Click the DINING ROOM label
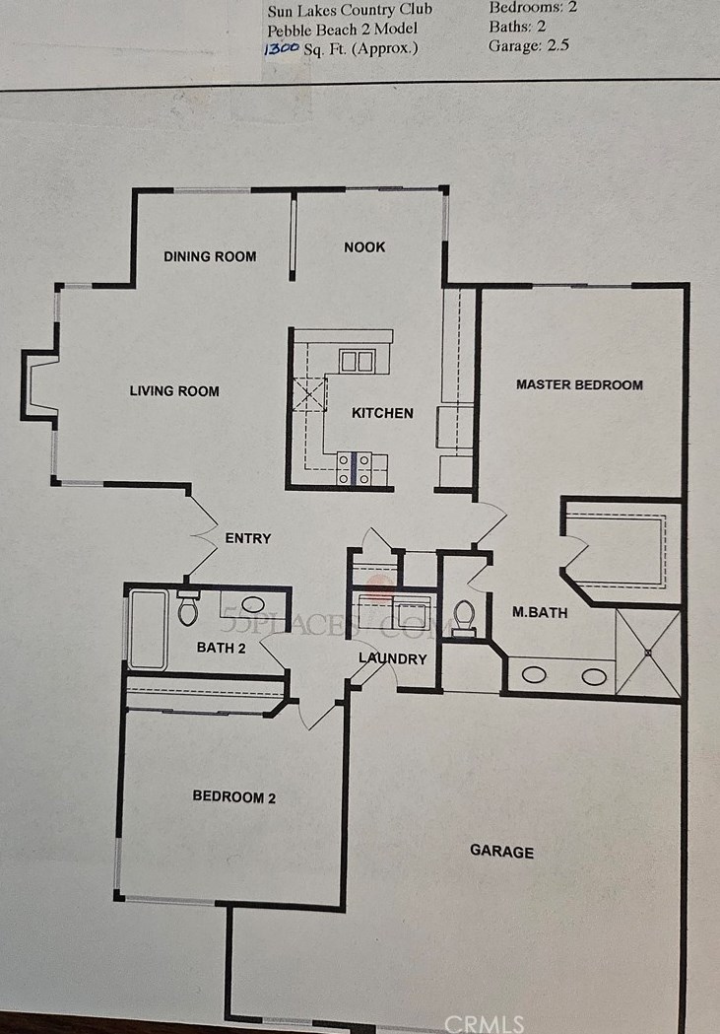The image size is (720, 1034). pos(210,256)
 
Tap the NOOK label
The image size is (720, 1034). pos(364,246)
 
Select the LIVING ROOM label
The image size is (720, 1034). pos(174,391)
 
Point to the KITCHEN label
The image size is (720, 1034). pos(382,413)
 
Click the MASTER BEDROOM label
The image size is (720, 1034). pos(579,384)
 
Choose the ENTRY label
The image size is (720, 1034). pos(247,538)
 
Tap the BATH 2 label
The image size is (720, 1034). pos(221,648)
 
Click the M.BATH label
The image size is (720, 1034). pos(540,612)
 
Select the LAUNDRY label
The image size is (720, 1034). pos(392,658)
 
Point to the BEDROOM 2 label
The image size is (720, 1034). pos(233,797)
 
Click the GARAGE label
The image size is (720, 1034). pos(501,852)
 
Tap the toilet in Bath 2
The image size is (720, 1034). pos(188,609)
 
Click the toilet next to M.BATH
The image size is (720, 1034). pos(464,617)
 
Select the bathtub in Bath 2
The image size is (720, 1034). pos(148,629)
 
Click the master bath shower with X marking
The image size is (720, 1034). pos(647,653)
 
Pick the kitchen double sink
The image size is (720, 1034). pos(357,361)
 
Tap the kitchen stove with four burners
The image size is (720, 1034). pos(354,468)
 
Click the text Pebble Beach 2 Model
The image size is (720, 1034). pos(342,29)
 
